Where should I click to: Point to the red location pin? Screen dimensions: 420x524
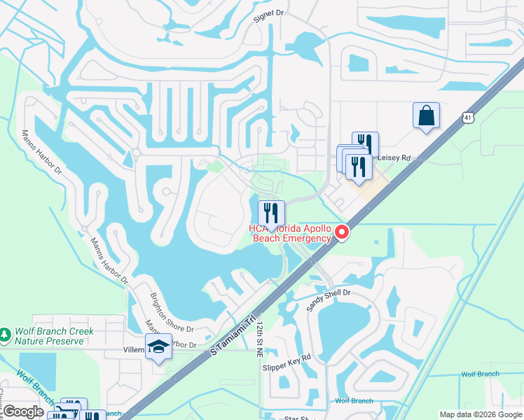(x=342, y=232)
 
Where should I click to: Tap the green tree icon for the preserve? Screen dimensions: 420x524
(x=6, y=335)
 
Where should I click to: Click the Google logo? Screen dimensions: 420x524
(x=22, y=412)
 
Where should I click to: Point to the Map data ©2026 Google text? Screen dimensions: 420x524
(x=480, y=414)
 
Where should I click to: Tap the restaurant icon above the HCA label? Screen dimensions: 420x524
(x=271, y=213)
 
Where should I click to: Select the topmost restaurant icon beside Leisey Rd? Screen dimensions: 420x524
(x=365, y=143)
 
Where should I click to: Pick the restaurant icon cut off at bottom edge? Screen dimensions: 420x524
(x=92, y=416)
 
